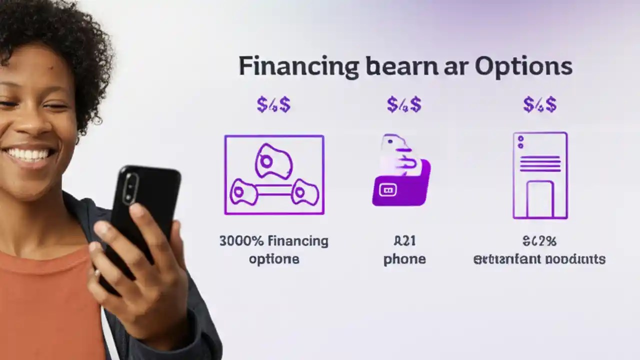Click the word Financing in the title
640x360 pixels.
pos(298,67)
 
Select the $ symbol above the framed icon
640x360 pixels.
pos(273,105)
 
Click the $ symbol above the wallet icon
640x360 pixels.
pos(404,105)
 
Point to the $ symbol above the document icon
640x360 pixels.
pos(540,105)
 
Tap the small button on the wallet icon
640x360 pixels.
pos(388,189)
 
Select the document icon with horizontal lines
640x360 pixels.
pos(540,175)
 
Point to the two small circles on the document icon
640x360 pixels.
pos(520,142)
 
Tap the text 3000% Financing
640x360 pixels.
pos(274,241)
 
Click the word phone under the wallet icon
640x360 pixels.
pos(404,259)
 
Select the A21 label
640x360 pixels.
pos(404,241)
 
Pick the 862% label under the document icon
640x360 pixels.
pos(539,241)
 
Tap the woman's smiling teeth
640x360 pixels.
pos(30,153)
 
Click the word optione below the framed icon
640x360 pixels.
pos(274,259)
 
